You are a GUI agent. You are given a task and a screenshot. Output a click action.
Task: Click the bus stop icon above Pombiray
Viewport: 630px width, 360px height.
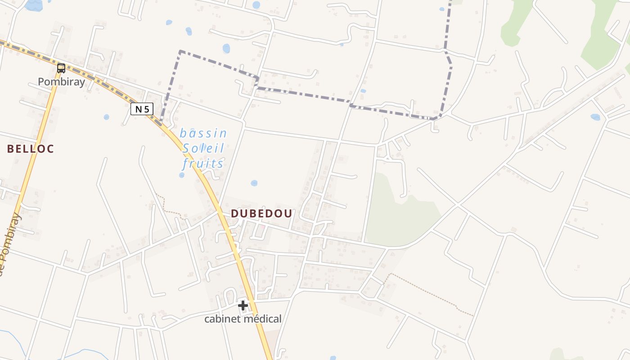click(61, 68)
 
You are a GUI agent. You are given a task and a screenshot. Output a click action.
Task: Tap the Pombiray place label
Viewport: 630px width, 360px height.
click(61, 82)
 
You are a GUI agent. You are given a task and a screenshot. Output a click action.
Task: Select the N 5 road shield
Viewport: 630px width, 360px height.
click(142, 109)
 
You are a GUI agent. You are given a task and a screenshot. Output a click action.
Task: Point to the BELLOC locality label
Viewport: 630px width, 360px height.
click(31, 149)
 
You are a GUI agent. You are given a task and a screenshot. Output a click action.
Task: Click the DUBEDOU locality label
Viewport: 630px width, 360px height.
click(261, 214)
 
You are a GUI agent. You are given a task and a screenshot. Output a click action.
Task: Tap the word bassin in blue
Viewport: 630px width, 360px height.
click(203, 133)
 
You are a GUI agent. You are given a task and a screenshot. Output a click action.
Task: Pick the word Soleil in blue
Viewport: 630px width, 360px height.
click(203, 148)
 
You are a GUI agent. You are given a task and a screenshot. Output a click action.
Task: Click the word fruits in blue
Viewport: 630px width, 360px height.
click(203, 163)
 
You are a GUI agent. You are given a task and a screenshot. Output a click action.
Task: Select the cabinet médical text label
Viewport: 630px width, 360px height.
click(243, 319)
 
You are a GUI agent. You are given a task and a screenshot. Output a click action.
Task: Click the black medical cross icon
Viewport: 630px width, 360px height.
click(243, 306)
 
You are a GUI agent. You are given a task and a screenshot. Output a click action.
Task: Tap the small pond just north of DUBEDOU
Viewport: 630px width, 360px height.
click(254, 183)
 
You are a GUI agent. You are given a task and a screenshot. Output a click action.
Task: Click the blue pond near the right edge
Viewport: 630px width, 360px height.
click(595, 117)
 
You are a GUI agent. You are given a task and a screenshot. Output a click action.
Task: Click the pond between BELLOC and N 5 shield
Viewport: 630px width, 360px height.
click(106, 117)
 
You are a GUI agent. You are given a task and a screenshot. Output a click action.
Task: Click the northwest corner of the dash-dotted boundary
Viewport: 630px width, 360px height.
click(180, 51)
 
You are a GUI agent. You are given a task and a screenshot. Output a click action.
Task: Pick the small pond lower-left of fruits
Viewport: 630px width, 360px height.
click(182, 175)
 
